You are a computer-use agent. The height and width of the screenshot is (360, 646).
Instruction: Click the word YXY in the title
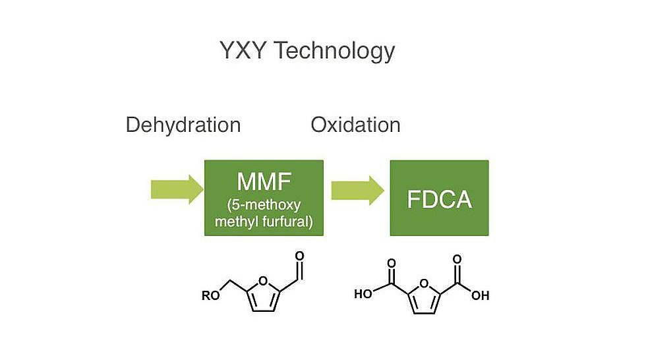pyautogui.click(x=243, y=50)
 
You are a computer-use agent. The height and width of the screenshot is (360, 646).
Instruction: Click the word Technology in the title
pyautogui.click(x=334, y=51)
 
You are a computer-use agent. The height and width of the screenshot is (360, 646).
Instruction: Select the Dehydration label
pyautogui.click(x=183, y=125)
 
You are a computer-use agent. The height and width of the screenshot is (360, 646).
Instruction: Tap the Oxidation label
pyautogui.click(x=355, y=125)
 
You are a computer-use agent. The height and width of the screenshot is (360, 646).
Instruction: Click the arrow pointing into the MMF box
pyautogui.click(x=177, y=189)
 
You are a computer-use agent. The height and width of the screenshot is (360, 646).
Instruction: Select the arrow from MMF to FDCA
pyautogui.click(x=357, y=191)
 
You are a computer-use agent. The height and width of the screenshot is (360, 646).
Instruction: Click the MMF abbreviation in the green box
pyautogui.click(x=264, y=181)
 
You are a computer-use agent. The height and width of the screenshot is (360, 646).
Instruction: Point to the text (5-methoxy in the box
pyautogui.click(x=264, y=205)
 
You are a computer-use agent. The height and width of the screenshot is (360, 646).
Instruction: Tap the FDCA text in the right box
pyautogui.click(x=439, y=199)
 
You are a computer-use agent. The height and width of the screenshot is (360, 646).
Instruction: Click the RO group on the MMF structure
pyautogui.click(x=210, y=296)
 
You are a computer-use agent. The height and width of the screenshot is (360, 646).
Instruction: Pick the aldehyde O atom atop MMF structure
pyautogui.click(x=299, y=256)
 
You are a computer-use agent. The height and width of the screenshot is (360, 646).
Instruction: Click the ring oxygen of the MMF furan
pyautogui.click(x=263, y=282)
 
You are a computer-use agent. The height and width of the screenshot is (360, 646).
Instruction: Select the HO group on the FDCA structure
pyautogui.click(x=363, y=293)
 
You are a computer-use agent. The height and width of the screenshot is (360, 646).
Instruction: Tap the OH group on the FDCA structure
pyautogui.click(x=481, y=295)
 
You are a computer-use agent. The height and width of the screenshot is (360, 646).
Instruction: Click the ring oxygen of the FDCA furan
pyautogui.click(x=424, y=284)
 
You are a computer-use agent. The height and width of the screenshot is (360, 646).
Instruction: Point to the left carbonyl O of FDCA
pyautogui.click(x=391, y=263)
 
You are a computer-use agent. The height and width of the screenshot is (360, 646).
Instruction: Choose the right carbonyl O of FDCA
pyautogui.click(x=457, y=259)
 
